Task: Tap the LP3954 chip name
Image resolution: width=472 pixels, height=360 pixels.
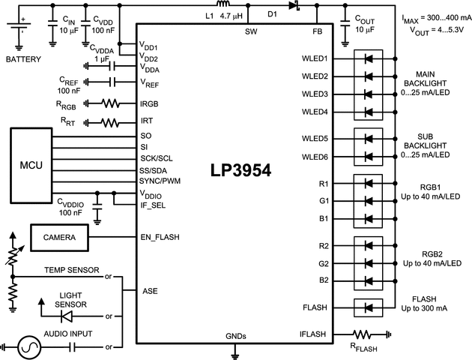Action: click(x=240, y=171)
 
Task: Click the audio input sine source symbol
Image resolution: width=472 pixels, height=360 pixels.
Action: click(x=32, y=346)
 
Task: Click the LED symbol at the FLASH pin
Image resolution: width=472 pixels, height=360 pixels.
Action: click(x=368, y=307)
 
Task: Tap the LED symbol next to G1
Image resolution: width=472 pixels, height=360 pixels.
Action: click(x=368, y=201)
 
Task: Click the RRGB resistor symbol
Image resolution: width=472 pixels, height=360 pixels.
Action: click(x=109, y=103)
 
